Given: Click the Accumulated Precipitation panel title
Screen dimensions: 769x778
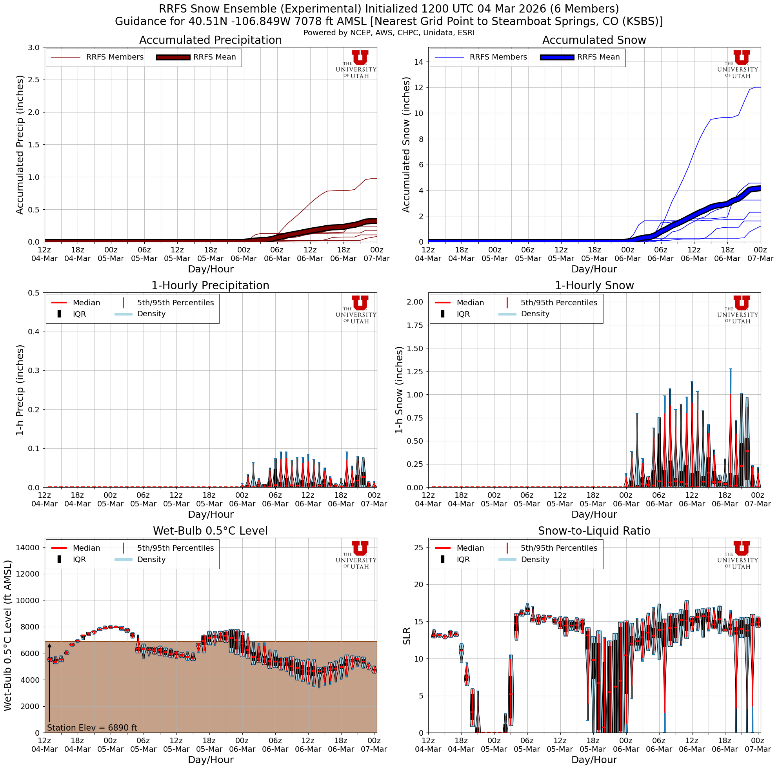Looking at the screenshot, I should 210,40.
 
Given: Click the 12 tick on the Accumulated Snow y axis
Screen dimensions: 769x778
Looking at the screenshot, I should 418,88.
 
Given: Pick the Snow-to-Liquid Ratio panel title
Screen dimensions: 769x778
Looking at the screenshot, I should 594,531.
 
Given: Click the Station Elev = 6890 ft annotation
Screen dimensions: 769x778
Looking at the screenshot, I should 92,727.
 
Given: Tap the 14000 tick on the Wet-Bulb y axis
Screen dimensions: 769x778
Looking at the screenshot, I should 27,547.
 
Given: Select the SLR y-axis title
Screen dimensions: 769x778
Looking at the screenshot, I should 407,636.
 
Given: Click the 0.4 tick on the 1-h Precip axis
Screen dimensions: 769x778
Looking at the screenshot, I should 33,332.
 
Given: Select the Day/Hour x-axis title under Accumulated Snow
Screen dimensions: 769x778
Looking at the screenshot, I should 594,269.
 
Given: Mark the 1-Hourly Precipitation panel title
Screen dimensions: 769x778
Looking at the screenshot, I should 210,286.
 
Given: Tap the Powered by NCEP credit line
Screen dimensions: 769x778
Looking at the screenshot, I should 389,33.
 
